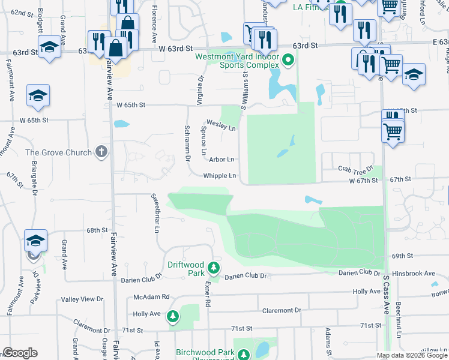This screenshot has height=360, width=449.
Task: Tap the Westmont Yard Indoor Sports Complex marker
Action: point(288,60)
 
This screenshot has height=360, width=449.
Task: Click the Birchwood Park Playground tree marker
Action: point(244,355)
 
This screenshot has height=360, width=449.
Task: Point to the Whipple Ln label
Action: point(219,176)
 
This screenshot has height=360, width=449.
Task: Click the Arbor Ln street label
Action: point(221,160)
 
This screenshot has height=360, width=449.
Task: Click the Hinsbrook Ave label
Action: point(414,274)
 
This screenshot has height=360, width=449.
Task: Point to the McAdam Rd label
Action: point(151,297)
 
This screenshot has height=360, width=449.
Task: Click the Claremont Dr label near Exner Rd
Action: point(282,310)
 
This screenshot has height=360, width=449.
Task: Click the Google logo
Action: point(20,353)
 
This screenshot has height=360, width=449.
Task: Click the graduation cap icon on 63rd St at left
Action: point(49,47)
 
